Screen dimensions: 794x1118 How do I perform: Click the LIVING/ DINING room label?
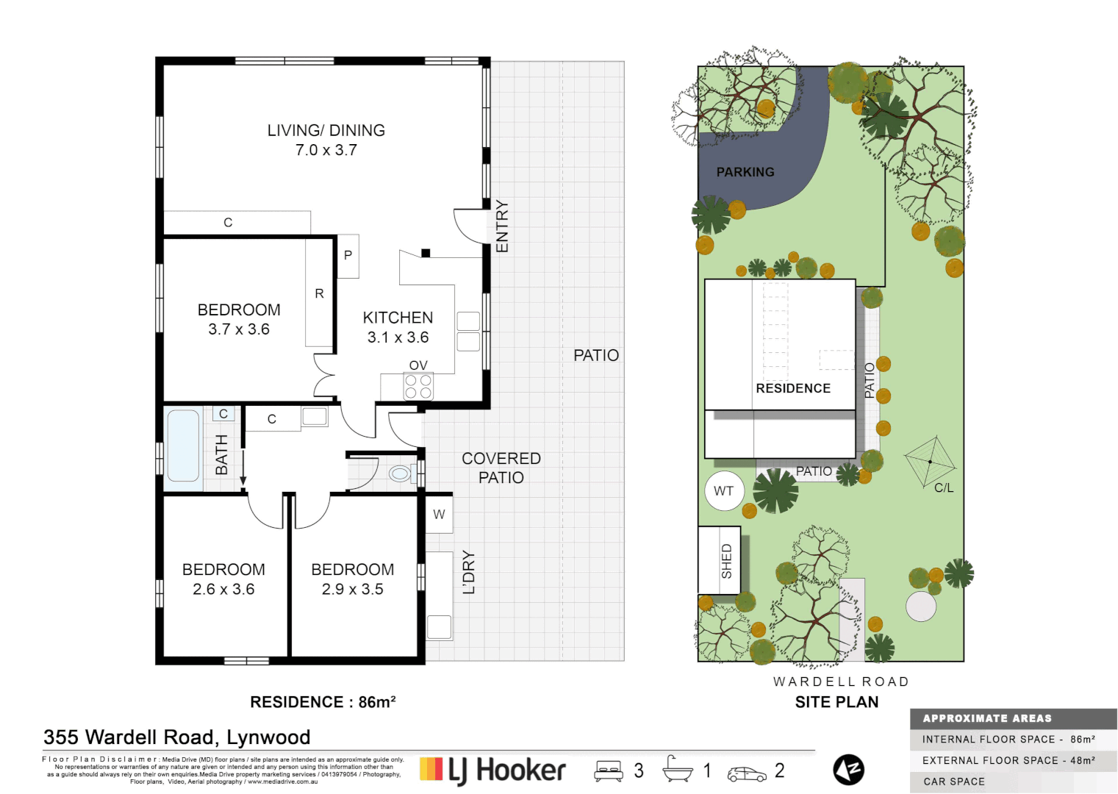pos(326,131)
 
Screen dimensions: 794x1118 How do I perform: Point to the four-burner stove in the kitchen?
pos(418,387)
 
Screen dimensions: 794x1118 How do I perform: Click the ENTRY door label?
pos(502,226)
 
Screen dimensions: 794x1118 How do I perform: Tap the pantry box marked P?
pos(348,256)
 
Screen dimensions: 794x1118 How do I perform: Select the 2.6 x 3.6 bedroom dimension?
pos(223,590)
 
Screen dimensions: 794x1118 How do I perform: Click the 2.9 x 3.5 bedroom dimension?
pos(352,590)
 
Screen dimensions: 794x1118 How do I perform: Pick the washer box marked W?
pos(439,515)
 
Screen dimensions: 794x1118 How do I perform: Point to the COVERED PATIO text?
pos(501,468)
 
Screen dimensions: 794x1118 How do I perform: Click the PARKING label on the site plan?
pos(745,172)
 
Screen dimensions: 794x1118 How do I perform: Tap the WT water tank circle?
pos(723,491)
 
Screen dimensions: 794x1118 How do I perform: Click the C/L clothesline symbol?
pos(931,462)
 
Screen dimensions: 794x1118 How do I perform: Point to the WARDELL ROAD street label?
pos(841,682)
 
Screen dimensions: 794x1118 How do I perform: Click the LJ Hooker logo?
pos(492,770)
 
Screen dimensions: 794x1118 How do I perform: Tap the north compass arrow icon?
pos(848,770)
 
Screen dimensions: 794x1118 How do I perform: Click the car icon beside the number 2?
pos(746,773)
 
